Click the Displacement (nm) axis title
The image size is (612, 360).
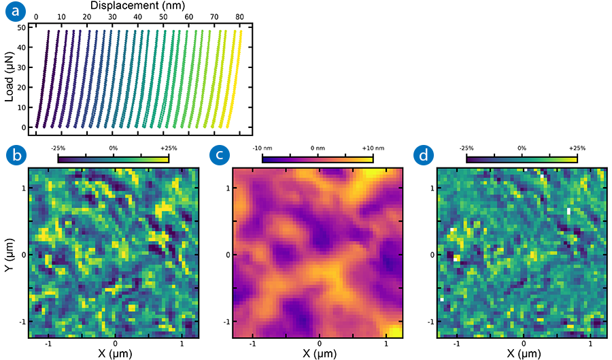coord(139,5)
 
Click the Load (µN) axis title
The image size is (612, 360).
coord(9,78)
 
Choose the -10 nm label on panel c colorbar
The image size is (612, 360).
coord(262,147)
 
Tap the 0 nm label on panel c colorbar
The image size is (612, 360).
coord(318,147)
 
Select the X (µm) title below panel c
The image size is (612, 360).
coord(318,354)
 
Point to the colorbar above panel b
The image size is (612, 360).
coord(114,159)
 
